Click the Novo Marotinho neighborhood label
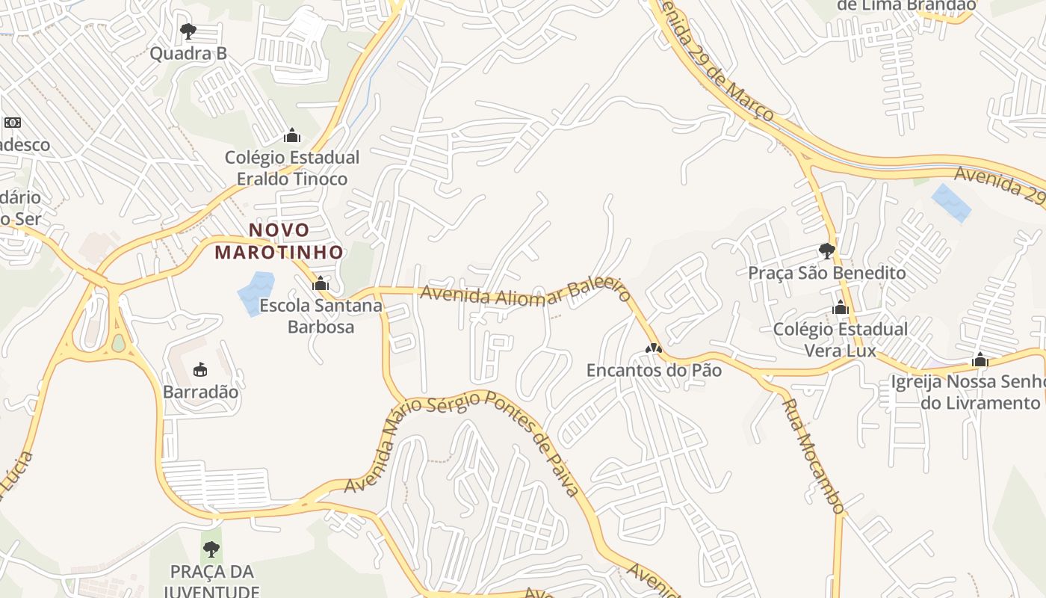click(279, 241)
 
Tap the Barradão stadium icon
click(200, 369)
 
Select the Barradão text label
click(201, 392)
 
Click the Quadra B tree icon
click(188, 31)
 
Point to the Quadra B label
click(188, 54)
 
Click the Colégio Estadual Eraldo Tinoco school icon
click(292, 135)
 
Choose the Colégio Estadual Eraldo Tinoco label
click(292, 168)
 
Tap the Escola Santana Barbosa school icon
click(321, 283)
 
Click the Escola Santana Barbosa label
click(321, 316)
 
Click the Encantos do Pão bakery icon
click(654, 348)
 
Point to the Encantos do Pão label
click(654, 370)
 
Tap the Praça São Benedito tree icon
click(826, 250)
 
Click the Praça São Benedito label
click(826, 273)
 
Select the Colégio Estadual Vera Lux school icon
click(841, 308)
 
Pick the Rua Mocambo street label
click(813, 456)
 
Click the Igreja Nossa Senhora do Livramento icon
click(980, 360)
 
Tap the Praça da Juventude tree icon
click(211, 550)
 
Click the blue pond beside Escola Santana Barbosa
click(256, 293)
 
